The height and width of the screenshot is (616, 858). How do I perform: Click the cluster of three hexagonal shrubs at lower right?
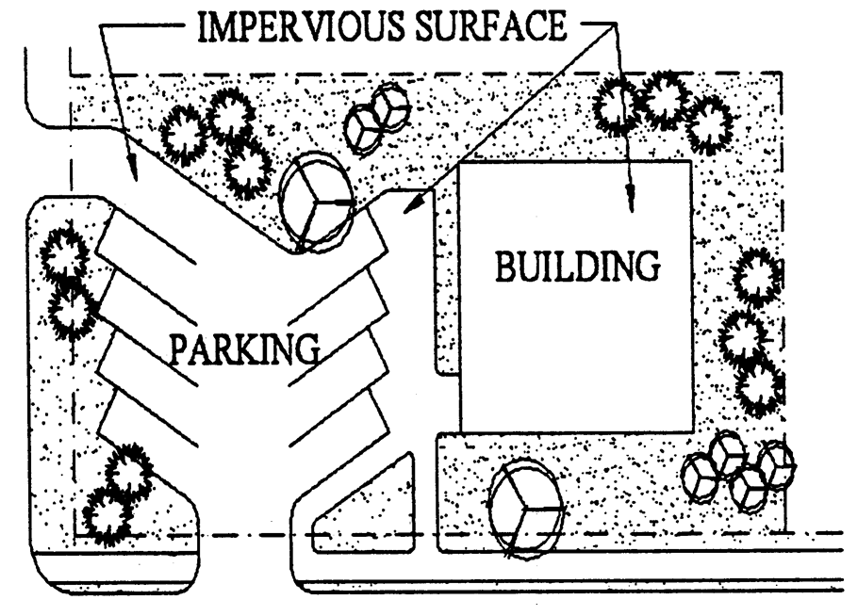[740, 468]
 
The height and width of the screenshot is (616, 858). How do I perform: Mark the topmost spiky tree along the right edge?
[755, 278]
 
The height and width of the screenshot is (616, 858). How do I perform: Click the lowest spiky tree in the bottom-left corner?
[105, 514]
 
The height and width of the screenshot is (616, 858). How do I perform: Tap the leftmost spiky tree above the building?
[618, 106]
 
